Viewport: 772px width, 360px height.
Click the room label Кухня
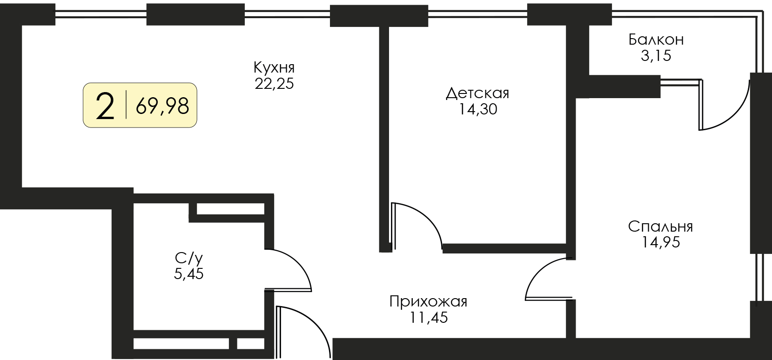pos(274,68)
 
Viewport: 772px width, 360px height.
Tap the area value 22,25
pos(274,83)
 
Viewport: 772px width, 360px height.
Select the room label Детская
pos(477,93)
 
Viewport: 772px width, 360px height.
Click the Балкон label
pos(656,40)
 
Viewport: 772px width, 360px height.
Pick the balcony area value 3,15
pos(656,55)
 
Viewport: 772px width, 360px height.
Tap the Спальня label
pos(660,227)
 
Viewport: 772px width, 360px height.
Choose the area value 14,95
pos(660,242)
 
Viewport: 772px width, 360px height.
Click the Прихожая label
pos(429,302)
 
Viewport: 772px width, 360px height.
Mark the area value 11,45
pos(429,317)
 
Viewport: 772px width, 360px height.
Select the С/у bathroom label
pos(188,258)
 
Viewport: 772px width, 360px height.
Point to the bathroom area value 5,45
pos(188,274)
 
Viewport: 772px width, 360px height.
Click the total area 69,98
pos(162,106)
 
